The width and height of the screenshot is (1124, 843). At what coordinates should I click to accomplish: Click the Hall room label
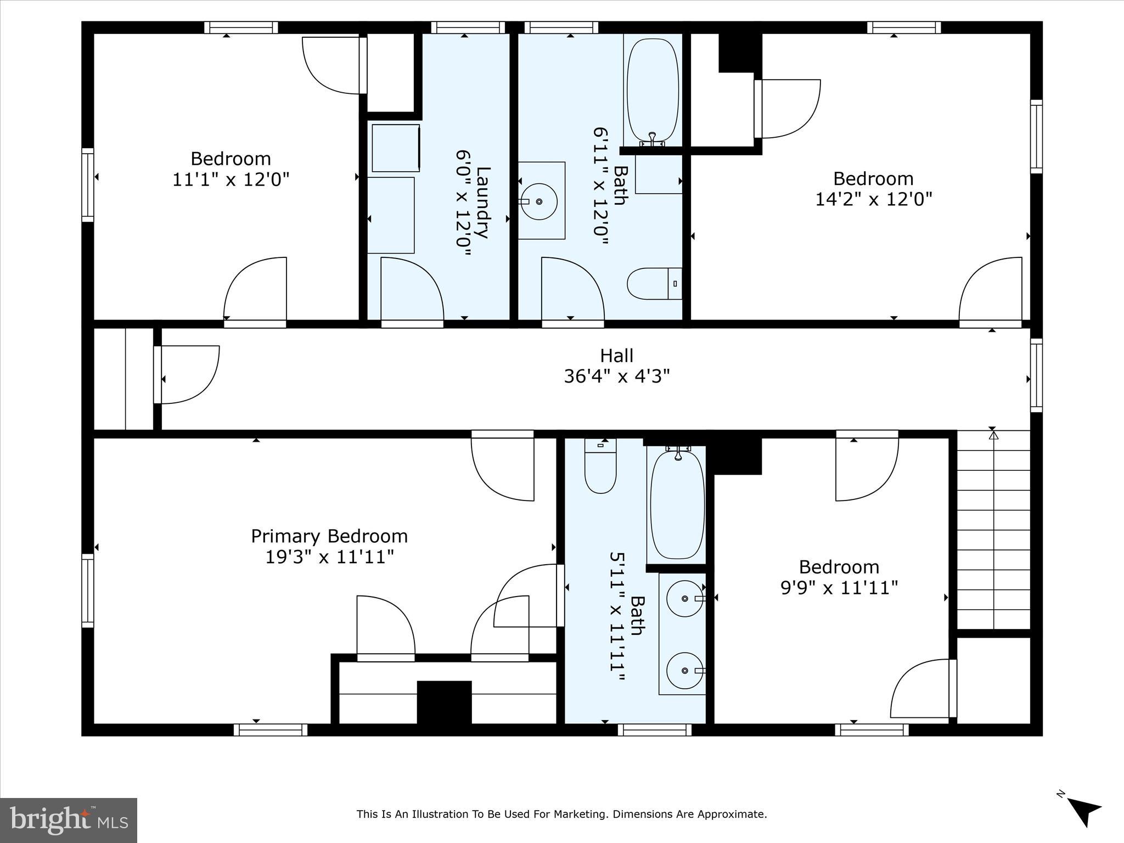(616, 356)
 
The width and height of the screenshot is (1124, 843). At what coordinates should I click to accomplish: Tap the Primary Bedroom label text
(329, 536)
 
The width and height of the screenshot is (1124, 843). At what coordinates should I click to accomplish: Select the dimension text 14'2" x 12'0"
(873, 199)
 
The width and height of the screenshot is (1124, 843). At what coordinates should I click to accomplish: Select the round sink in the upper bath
(539, 201)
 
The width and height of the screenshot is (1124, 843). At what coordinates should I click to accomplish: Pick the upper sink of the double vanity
(685, 598)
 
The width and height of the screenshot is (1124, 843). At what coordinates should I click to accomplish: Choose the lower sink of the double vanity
(685, 670)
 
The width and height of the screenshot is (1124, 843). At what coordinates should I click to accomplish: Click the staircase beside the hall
(993, 530)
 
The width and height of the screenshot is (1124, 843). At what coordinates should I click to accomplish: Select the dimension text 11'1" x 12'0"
(231, 179)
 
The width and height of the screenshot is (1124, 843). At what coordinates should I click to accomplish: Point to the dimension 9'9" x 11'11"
(839, 588)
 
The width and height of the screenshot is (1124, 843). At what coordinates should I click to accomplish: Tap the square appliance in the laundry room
(396, 148)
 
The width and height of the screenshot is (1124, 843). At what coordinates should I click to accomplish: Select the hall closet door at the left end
(187, 375)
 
